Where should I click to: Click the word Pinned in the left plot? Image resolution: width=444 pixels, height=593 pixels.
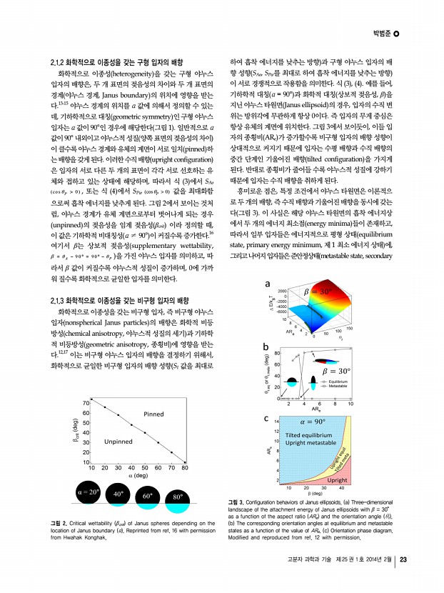coord(153,414)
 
